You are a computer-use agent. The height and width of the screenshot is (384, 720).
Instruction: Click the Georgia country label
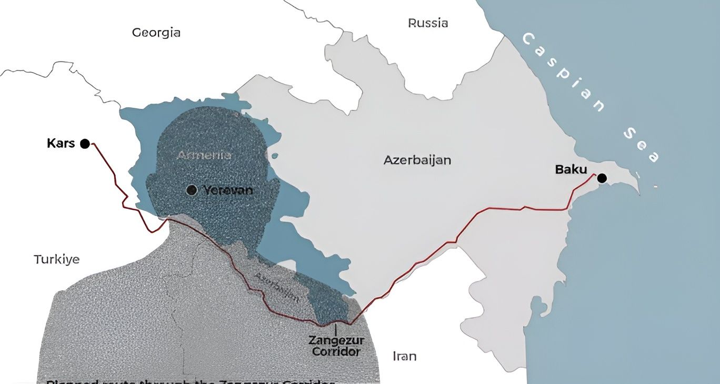156,33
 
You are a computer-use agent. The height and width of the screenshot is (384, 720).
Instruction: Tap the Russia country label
428,23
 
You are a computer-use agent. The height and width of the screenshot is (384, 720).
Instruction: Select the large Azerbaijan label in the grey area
417,160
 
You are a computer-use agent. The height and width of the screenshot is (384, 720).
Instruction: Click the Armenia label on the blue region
204,155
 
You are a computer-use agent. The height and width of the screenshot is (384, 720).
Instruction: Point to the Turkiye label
56,259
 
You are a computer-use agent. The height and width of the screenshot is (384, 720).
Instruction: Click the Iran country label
404,356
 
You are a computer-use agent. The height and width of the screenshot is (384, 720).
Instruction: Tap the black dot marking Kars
85,144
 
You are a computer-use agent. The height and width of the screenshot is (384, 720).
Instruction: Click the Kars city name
61,143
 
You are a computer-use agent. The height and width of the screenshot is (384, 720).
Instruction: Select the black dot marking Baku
602,178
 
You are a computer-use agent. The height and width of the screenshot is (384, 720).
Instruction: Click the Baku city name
571,169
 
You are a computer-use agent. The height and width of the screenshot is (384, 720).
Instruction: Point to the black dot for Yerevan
192,190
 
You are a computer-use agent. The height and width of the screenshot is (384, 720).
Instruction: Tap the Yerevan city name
228,190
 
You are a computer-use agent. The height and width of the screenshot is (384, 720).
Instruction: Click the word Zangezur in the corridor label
336,340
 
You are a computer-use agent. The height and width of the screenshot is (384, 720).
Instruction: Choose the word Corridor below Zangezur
336,351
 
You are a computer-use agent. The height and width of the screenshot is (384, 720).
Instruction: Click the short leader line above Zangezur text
335,329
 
